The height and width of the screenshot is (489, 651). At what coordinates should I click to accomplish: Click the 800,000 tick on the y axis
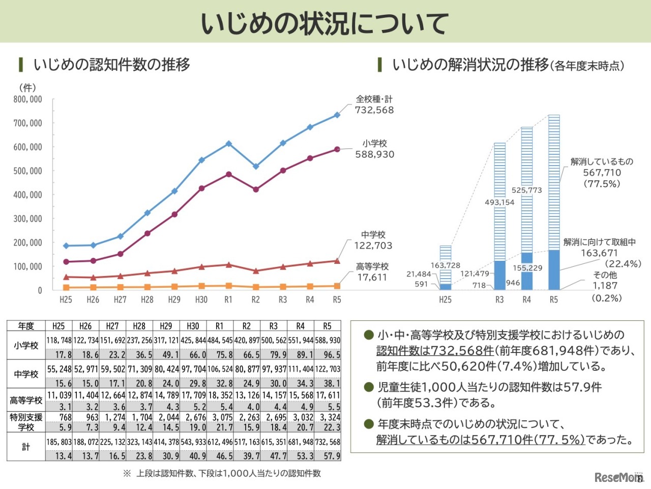tap(28, 99)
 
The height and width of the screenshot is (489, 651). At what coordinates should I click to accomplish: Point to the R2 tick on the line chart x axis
tap(255, 300)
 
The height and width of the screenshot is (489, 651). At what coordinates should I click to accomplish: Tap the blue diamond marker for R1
tap(229, 144)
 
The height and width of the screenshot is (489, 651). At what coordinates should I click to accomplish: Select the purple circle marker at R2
tap(256, 189)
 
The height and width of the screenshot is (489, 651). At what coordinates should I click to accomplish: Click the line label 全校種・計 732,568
tap(374, 105)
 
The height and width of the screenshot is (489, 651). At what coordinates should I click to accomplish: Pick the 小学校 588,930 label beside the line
tap(375, 149)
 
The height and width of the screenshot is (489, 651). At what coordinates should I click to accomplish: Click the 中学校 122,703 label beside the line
tap(373, 240)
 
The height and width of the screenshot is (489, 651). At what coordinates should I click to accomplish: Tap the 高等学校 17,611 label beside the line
tap(372, 272)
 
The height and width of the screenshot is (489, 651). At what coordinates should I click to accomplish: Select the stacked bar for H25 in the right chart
tap(446, 267)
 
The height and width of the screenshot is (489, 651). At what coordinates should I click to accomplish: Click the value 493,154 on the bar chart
tap(499, 202)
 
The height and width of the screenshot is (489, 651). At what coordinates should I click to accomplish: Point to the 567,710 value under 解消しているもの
tap(602, 173)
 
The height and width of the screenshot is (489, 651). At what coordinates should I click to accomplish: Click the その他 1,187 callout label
tap(605, 281)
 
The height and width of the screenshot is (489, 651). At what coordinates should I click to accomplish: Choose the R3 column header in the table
tap(274, 326)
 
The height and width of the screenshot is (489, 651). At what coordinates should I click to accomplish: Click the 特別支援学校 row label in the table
tap(26, 422)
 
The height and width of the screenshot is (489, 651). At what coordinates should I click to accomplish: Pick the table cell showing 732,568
tap(328, 442)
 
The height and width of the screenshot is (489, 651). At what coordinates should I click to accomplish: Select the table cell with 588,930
tap(328, 340)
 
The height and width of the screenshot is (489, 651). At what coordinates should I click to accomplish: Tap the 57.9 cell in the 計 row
tap(332, 456)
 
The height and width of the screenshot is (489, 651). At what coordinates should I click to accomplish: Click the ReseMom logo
tap(617, 477)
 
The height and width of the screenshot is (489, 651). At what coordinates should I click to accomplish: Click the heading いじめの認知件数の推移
tap(112, 65)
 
